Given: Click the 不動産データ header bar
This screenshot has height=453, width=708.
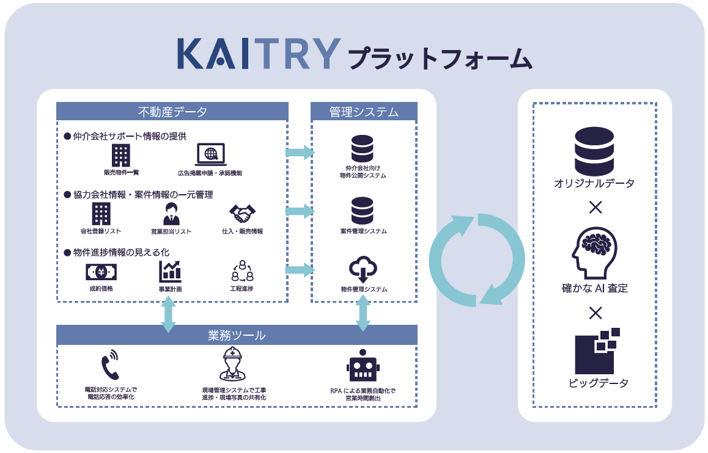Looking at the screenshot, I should (x=172, y=112).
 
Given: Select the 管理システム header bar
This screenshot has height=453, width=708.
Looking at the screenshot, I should (x=364, y=112).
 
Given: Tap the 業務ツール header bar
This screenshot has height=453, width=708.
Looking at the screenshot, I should (x=237, y=335).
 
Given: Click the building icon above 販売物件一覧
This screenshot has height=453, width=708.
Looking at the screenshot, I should (x=120, y=156).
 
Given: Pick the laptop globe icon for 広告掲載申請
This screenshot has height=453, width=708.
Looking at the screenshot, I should (x=210, y=155).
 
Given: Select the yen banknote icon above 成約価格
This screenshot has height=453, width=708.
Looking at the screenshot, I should (x=101, y=271).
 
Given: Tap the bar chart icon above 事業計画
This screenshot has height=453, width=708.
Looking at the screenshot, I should (x=170, y=271).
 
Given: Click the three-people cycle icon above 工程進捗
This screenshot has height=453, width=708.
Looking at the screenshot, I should (x=242, y=271).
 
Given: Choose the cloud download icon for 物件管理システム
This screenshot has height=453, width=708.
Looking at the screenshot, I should (x=363, y=270).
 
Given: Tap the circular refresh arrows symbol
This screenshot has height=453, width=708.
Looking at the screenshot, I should (x=477, y=258).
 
